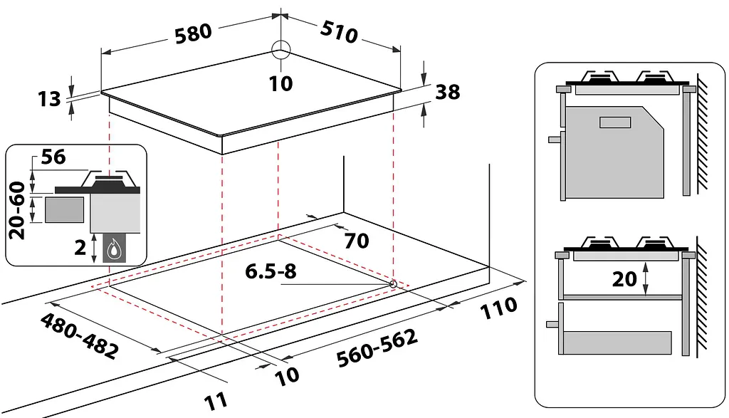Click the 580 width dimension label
tap(194, 33)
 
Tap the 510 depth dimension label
tap(339, 32)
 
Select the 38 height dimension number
tap(448, 92)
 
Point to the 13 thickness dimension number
tap(49, 98)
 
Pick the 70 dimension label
tap(357, 241)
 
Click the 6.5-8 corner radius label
tap(271, 271)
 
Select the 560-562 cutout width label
tap(377, 348)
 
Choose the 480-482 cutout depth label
tap(79, 335)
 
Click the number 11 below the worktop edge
tap(216, 401)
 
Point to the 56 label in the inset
tap(53, 157)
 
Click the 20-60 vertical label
tap(17, 210)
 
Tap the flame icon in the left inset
tap(113, 250)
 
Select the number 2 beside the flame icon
tap(80, 248)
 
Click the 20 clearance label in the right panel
tap(624, 279)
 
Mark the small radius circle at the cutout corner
tap(393, 283)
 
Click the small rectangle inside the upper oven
tap(615, 122)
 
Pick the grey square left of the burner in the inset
tap(65, 209)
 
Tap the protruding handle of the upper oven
tap(555, 139)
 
